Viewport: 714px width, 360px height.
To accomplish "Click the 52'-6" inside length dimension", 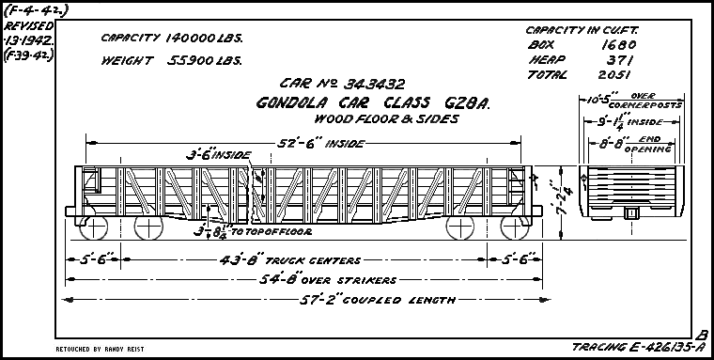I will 306,145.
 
